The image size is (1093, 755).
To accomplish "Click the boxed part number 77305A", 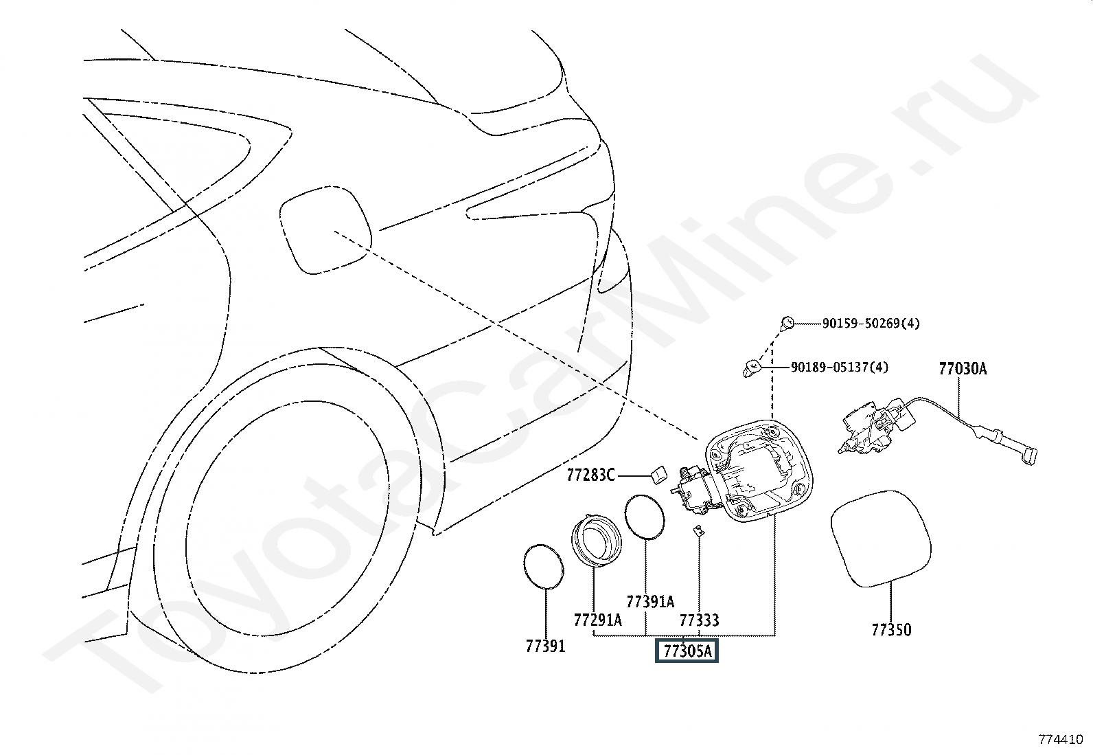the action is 687,651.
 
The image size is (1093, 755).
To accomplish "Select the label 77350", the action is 891,630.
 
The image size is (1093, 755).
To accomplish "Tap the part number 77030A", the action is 963,369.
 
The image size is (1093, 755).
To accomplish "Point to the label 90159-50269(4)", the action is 871,324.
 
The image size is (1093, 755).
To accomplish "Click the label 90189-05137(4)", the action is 839,367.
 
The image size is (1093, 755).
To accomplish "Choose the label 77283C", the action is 590,475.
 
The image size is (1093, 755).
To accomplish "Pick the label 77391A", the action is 650,602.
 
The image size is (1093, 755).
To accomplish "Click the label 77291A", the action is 598,620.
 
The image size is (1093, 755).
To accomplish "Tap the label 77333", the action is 699,620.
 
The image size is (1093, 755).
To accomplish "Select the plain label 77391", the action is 546,646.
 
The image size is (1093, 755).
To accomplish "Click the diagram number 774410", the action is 1061,739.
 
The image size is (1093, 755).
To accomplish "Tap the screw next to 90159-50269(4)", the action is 787,324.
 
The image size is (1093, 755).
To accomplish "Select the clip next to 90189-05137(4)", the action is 751,368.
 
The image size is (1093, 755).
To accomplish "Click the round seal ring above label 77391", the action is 524,567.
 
